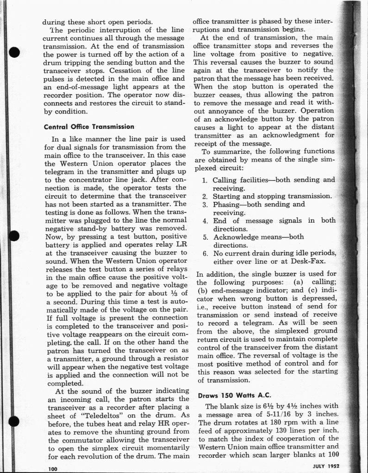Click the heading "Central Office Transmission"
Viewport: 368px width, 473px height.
[89, 127]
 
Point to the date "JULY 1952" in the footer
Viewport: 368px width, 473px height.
[326, 466]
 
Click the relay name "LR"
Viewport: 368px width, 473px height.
[179, 245]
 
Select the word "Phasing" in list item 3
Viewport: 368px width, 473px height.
[227, 204]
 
